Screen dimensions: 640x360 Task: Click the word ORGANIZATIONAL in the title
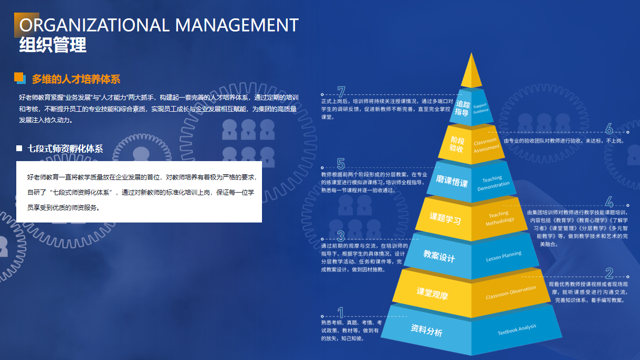[x=95, y=25]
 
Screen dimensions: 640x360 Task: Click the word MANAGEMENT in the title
[x=237, y=25]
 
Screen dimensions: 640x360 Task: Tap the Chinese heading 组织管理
[x=53, y=45]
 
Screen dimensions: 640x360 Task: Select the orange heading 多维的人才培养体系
[x=76, y=79]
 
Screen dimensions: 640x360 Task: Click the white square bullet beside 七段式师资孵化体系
[x=19, y=148]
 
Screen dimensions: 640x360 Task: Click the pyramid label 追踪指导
[x=462, y=108]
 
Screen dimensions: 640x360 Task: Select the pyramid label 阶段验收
[x=457, y=144]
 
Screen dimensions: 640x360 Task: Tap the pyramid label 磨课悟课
[x=452, y=181]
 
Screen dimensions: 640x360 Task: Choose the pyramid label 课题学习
[x=445, y=218]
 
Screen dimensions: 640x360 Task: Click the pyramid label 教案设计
[x=439, y=256]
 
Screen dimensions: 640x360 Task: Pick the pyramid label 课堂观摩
[x=432, y=293]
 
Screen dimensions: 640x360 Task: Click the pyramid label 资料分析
[x=426, y=330]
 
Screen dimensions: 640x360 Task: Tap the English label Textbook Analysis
[x=517, y=330]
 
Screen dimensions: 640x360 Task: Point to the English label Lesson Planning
[x=503, y=257]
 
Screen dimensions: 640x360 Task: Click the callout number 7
[x=341, y=92]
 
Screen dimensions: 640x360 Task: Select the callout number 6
[x=609, y=129]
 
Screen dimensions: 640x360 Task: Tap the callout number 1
[x=340, y=313]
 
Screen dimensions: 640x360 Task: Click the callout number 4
[x=609, y=202]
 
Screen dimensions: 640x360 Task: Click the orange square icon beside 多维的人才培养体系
[x=19, y=77]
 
